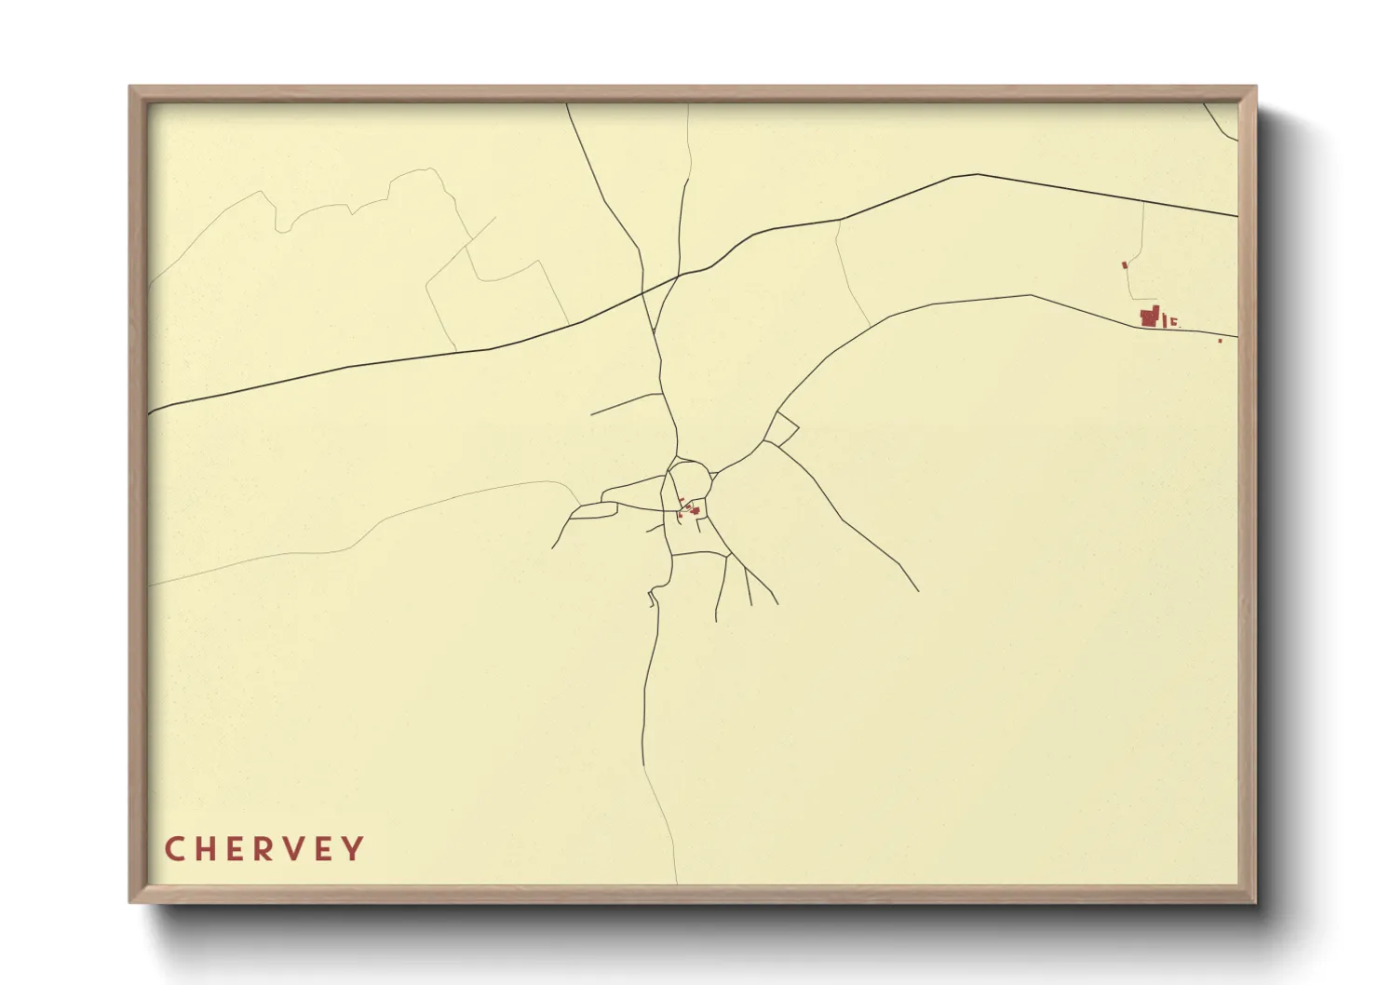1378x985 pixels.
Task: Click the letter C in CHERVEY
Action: click(173, 849)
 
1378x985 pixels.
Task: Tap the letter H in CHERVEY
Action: click(203, 849)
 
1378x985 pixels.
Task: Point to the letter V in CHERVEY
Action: click(294, 849)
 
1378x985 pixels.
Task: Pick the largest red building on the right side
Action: click(1149, 317)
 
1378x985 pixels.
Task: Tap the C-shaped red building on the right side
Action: click(1173, 322)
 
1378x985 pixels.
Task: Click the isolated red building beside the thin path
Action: click(1125, 265)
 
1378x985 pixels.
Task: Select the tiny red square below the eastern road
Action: click(1220, 341)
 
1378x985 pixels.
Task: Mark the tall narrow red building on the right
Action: click(1163, 319)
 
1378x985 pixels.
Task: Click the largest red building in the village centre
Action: click(695, 510)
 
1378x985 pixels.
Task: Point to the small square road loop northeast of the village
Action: click(781, 429)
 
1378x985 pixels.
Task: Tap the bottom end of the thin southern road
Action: click(676, 881)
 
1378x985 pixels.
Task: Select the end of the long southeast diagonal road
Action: click(918, 590)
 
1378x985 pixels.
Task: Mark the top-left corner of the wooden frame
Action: click(131, 88)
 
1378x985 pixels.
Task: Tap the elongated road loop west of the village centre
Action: click(592, 510)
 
